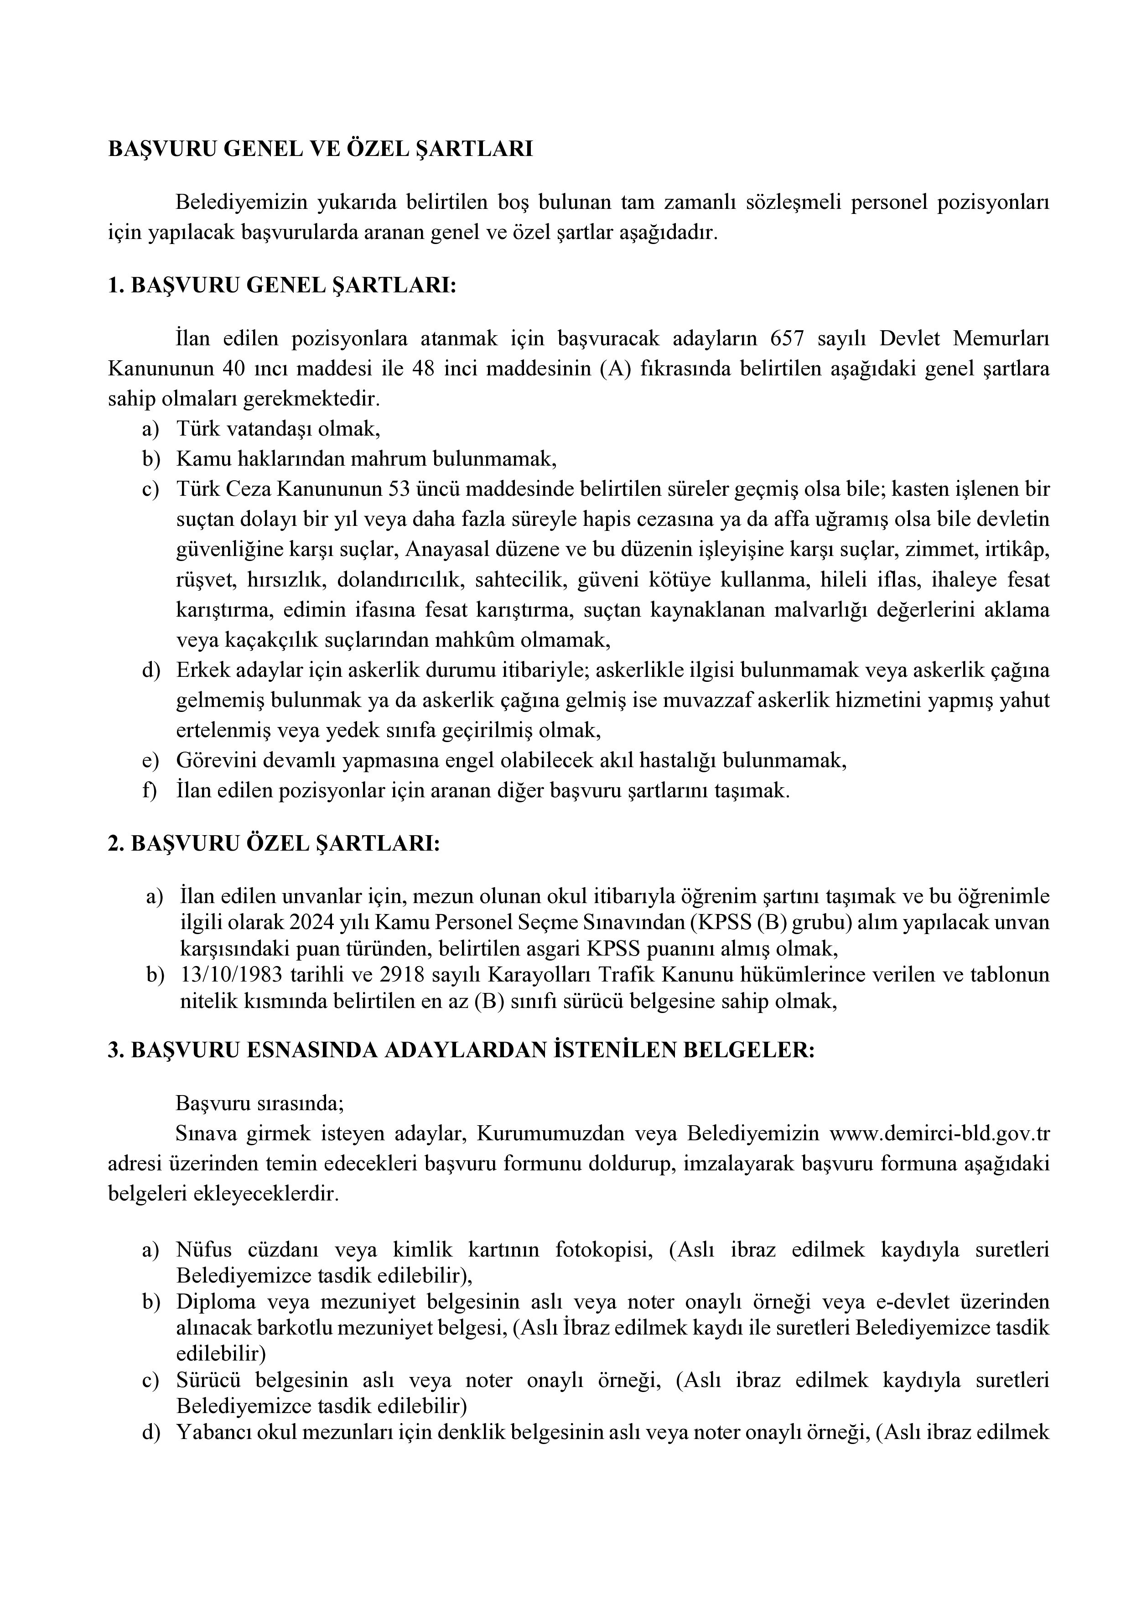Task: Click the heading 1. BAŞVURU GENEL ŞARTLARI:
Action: (x=281, y=286)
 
